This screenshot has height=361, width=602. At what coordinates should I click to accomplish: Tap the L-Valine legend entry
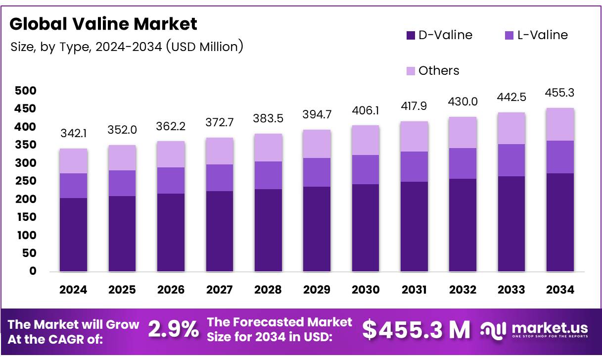click(x=536, y=35)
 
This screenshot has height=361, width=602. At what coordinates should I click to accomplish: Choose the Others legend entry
click(x=432, y=71)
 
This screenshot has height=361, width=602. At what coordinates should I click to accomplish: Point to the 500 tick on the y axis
click(x=26, y=91)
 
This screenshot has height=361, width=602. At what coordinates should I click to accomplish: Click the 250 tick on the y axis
click(x=26, y=181)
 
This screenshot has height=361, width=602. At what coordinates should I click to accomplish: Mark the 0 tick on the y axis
click(x=33, y=271)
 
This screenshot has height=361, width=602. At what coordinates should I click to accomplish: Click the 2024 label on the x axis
click(x=73, y=290)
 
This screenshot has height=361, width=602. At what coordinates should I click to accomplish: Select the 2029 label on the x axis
click(x=317, y=290)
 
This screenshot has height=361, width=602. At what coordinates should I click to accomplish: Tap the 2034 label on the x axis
click(x=560, y=290)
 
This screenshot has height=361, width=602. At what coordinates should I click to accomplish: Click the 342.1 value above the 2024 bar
click(x=73, y=134)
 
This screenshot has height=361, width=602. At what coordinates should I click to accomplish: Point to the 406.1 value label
click(x=366, y=110)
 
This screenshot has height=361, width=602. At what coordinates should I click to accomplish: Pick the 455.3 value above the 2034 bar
click(x=560, y=93)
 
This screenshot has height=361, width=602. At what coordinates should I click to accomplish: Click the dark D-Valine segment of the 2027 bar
click(x=220, y=231)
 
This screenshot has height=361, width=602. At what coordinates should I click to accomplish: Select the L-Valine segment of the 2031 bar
click(x=414, y=166)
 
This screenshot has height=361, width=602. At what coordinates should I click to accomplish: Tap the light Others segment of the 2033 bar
click(x=511, y=128)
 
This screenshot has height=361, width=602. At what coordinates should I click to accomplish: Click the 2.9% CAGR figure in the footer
click(x=174, y=329)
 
